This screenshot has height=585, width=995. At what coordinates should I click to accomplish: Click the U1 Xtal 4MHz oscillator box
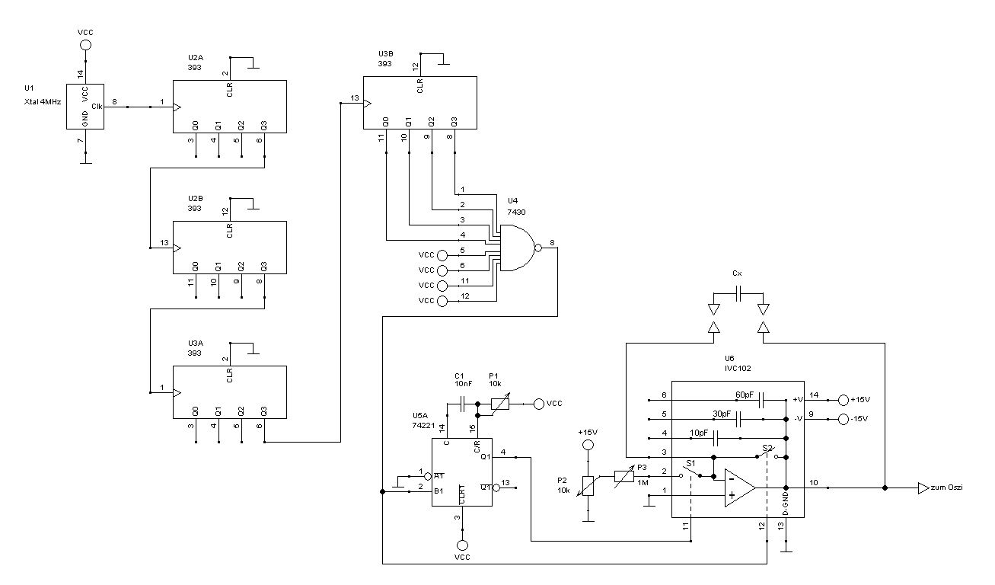[x=85, y=106]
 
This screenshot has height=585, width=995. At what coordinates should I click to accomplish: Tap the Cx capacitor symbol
[x=738, y=293]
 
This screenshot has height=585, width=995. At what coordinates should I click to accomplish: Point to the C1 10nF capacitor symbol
[x=462, y=404]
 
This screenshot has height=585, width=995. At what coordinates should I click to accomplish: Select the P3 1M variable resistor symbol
[x=623, y=476]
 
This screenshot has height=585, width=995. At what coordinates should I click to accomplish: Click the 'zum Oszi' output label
[x=946, y=487]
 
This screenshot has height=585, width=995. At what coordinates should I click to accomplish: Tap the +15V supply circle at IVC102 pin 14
[x=843, y=400]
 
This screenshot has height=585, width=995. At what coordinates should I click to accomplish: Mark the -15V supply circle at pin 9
[x=843, y=420]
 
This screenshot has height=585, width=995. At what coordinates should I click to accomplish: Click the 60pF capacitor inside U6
[x=761, y=399]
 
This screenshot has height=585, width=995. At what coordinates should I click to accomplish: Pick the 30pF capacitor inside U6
[x=738, y=419]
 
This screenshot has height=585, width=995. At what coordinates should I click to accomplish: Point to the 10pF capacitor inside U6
[x=716, y=438]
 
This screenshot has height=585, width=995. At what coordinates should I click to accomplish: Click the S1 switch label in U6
[x=690, y=462]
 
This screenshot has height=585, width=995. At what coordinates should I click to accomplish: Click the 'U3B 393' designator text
[x=386, y=59]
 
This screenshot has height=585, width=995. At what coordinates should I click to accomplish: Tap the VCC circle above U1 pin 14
[x=85, y=46]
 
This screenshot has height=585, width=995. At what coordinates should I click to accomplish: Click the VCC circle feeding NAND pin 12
[x=443, y=300]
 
